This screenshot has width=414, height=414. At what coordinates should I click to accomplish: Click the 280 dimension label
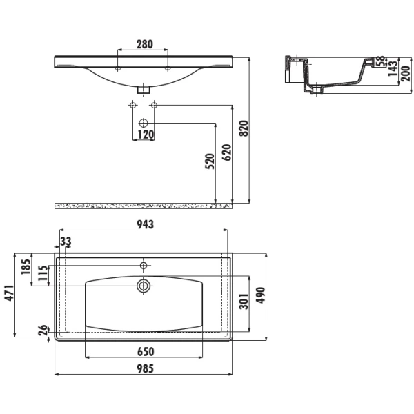[x=145, y=44]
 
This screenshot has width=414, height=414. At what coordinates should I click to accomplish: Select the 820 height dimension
[x=244, y=128]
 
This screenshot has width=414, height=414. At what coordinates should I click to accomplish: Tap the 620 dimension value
[x=227, y=152]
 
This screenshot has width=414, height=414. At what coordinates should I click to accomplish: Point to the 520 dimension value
[x=210, y=161]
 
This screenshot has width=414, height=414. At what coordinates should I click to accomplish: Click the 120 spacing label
[x=146, y=135]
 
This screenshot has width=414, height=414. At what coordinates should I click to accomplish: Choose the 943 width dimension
[x=145, y=224]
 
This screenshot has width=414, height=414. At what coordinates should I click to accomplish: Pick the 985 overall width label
[x=145, y=368]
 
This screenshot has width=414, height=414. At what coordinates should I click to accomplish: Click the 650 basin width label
[x=146, y=352]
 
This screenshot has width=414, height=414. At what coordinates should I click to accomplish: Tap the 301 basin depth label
[x=244, y=301]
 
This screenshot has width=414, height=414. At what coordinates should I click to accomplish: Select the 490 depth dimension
[x=260, y=295]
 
